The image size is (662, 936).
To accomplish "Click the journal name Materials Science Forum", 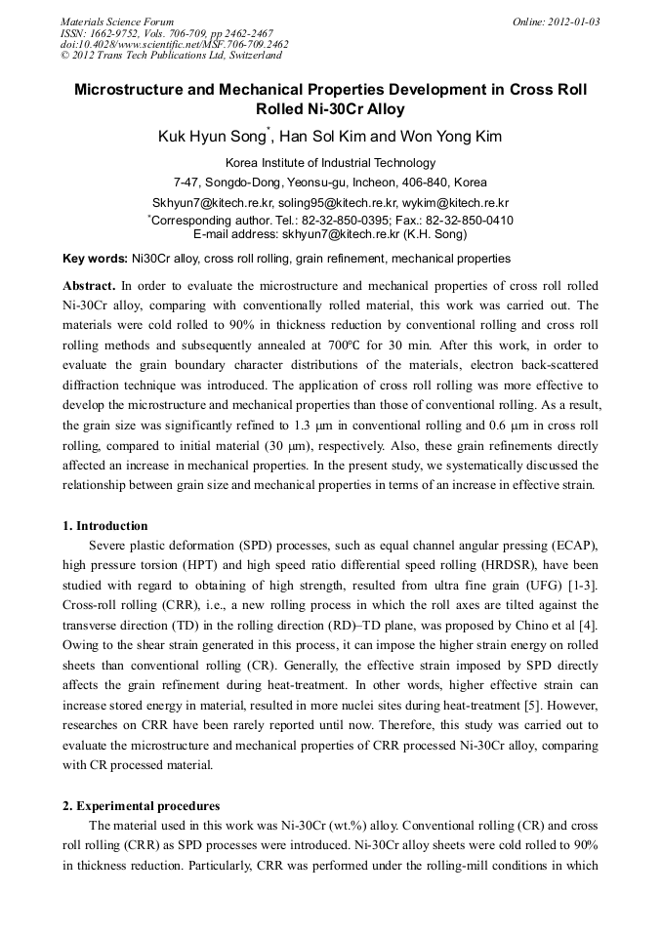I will [x=117, y=21].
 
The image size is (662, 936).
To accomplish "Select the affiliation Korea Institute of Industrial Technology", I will [x=330, y=163].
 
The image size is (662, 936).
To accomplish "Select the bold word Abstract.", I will [x=88, y=286].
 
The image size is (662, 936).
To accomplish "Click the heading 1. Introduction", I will [x=105, y=526].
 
